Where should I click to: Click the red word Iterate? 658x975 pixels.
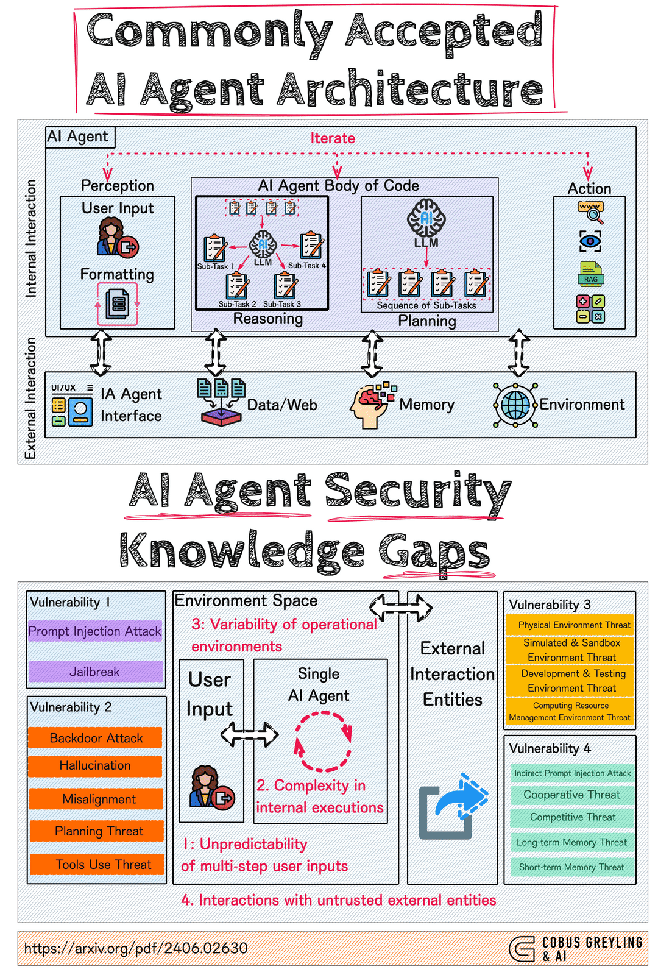333,138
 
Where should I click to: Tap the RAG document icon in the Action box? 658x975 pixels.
590,274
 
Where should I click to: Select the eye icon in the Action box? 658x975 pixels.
590,241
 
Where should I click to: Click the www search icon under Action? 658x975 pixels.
590,212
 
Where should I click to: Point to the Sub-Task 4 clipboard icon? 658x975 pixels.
311,246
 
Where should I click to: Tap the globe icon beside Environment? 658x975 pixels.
515,405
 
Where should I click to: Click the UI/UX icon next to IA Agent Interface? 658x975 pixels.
72,405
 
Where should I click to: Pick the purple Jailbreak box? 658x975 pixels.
95,671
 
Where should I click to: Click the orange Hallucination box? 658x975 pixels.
95,765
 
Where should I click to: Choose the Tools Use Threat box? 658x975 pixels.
97,864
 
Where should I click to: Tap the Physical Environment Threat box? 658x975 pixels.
570,625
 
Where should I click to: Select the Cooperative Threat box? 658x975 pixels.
572,795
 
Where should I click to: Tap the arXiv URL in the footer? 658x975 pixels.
136,948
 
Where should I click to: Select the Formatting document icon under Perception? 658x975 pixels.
118,303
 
